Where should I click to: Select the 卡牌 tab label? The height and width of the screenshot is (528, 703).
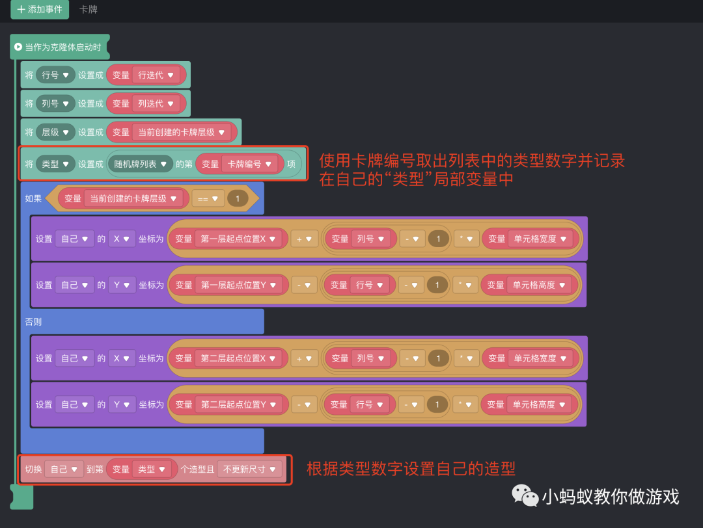pyautogui.click(x=88, y=10)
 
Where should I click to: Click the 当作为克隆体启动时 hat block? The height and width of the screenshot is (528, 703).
pyautogui.click(x=60, y=47)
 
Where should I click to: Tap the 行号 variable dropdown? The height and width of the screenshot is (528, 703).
pyautogui.click(x=55, y=75)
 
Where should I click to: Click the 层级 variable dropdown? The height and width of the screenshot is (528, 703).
pyautogui.click(x=55, y=132)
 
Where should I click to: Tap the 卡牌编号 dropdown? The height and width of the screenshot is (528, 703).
pyautogui.click(x=249, y=165)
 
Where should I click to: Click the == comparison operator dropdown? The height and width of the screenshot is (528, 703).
pyautogui.click(x=208, y=199)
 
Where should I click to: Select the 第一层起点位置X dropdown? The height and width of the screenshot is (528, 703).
pyautogui.click(x=238, y=239)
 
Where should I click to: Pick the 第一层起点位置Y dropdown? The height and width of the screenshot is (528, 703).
pyautogui.click(x=238, y=285)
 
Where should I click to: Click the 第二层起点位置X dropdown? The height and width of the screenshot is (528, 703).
pyautogui.click(x=238, y=358)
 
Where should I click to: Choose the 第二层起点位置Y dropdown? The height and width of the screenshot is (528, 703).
pyautogui.click(x=238, y=404)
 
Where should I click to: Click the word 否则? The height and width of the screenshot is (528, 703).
pyautogui.click(x=33, y=322)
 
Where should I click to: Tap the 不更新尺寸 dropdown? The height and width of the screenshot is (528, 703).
pyautogui.click(x=250, y=469)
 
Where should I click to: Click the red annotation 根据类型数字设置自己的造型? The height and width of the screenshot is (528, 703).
pyautogui.click(x=411, y=469)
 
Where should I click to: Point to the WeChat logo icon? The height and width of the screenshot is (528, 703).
pyautogui.click(x=525, y=495)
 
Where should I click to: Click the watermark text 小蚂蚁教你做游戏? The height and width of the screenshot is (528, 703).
pyautogui.click(x=610, y=497)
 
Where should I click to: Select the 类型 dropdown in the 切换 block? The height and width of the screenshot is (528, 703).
pyautogui.click(x=152, y=469)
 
